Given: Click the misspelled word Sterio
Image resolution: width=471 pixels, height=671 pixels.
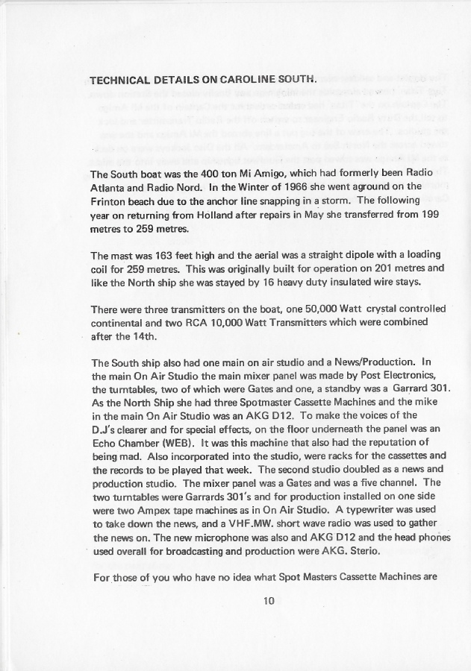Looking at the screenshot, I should point(364,550).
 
